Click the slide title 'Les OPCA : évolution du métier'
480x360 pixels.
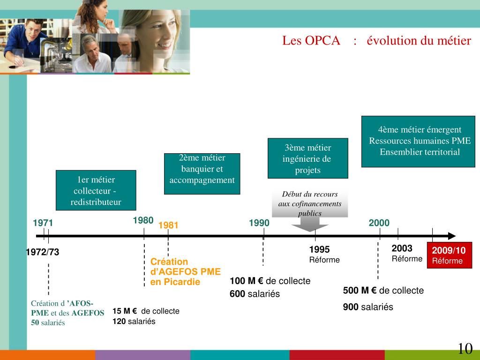376,41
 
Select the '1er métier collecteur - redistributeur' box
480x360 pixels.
96,191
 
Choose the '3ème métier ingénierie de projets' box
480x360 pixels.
307,158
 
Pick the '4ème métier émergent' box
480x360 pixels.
418,141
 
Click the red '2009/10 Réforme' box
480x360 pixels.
449,255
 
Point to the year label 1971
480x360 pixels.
43,224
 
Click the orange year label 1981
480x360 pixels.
168,225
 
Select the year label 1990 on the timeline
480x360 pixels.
259,223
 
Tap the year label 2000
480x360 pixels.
379,223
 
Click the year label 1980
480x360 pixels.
143,220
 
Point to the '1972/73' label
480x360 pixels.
43,252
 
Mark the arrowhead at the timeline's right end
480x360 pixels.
451,236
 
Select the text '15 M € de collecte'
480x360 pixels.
146,311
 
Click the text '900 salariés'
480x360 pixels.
368,307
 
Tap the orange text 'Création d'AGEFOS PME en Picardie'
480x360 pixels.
185,272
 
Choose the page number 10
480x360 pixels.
465,349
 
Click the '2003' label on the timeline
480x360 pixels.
402,248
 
